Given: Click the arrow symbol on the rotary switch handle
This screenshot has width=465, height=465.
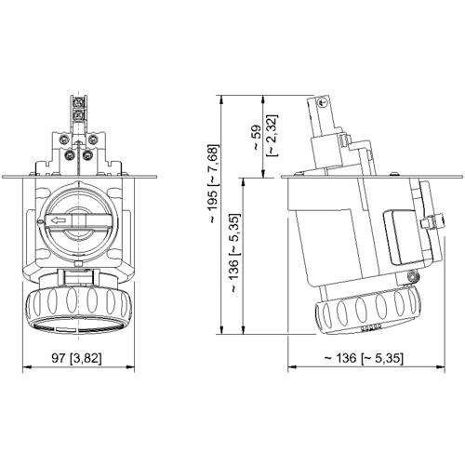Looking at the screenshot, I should (60, 220).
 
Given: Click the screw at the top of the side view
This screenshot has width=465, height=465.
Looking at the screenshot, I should (325, 99).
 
